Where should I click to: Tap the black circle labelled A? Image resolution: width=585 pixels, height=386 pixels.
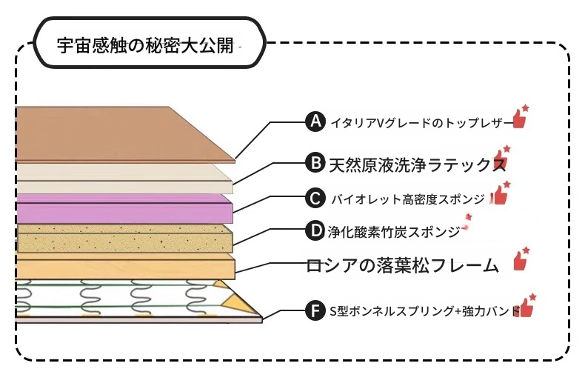(316, 122)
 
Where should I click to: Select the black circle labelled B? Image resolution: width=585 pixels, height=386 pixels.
(316, 162)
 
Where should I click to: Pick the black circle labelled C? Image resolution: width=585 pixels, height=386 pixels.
(316, 198)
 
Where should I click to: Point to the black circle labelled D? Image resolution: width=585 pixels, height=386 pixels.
(316, 231)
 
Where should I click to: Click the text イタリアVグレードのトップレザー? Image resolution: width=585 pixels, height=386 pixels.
(418, 122)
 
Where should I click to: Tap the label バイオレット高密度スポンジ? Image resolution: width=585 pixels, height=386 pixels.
(407, 199)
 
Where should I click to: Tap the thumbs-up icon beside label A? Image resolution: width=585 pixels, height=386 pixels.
(520, 118)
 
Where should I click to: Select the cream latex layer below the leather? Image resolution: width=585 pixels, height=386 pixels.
(118, 178)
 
